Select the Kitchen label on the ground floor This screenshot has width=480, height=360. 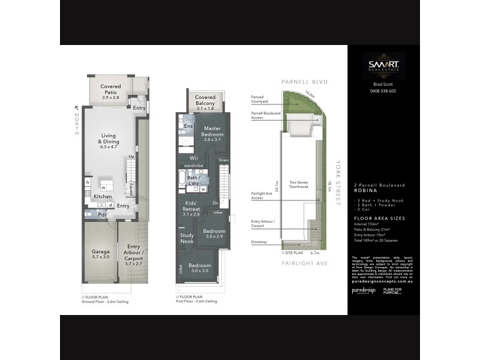(x=103, y=196)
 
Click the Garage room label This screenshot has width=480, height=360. (x=100, y=254)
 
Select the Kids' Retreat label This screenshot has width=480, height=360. (x=191, y=209)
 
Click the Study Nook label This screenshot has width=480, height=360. (x=187, y=238)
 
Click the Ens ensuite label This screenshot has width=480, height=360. (x=188, y=126)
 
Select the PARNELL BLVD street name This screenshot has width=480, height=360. (x=303, y=82)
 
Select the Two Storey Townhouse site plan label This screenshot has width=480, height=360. (x=298, y=184)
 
